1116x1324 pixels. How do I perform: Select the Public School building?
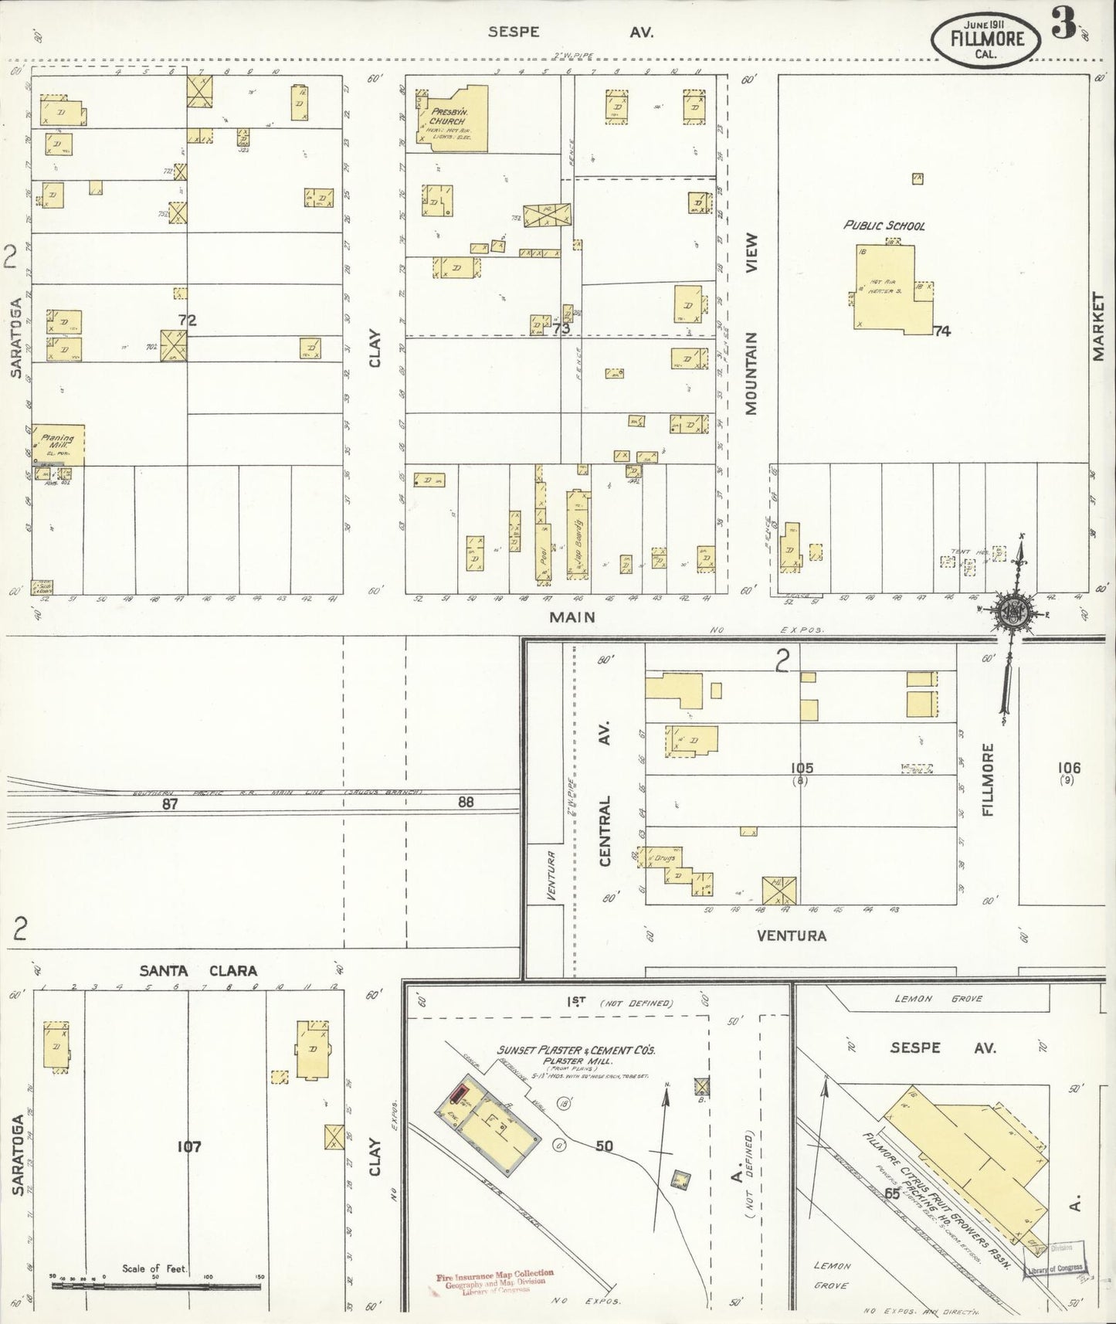[888, 290]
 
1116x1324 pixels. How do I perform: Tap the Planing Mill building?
[58, 445]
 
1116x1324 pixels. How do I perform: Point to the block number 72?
[187, 321]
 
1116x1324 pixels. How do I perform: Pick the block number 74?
[941, 331]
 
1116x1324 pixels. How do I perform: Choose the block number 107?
[188, 1146]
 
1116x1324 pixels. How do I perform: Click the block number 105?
[802, 768]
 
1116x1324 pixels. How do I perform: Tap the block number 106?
[1070, 767]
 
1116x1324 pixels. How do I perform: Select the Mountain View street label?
[751, 324]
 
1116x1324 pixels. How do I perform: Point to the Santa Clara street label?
[198, 971]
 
